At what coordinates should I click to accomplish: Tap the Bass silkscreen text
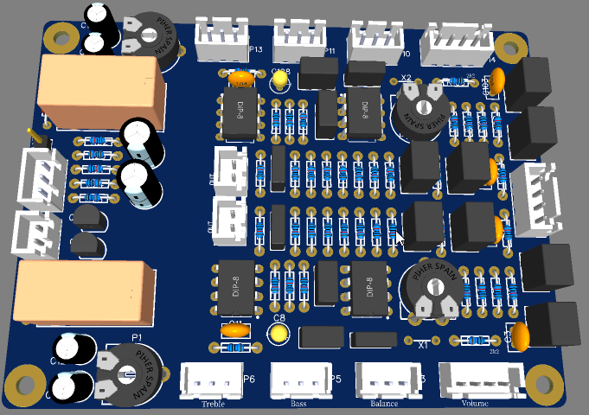[x=298, y=404]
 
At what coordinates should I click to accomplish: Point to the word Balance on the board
[x=384, y=404]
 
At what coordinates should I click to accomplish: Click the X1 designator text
[x=423, y=345]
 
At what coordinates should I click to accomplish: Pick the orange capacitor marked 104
[x=243, y=79]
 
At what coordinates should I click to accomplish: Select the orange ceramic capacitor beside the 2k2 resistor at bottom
[x=521, y=336]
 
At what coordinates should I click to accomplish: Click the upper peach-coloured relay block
[x=99, y=93]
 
